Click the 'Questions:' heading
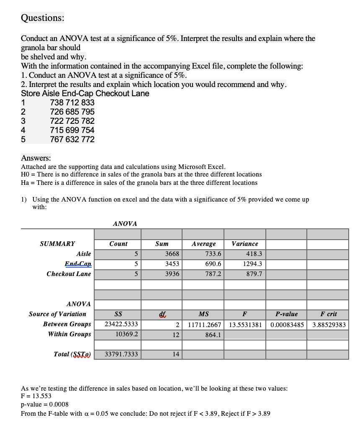(x=43, y=18)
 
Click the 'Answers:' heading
(x=36, y=158)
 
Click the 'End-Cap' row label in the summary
(x=78, y=264)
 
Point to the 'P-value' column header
(x=286, y=314)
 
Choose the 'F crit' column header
(x=328, y=314)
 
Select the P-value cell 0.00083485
(x=287, y=325)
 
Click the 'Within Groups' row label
(x=69, y=334)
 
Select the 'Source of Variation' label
(x=57, y=314)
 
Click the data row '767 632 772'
(x=72, y=139)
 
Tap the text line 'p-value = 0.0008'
(x=45, y=404)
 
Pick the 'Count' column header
(x=118, y=244)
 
